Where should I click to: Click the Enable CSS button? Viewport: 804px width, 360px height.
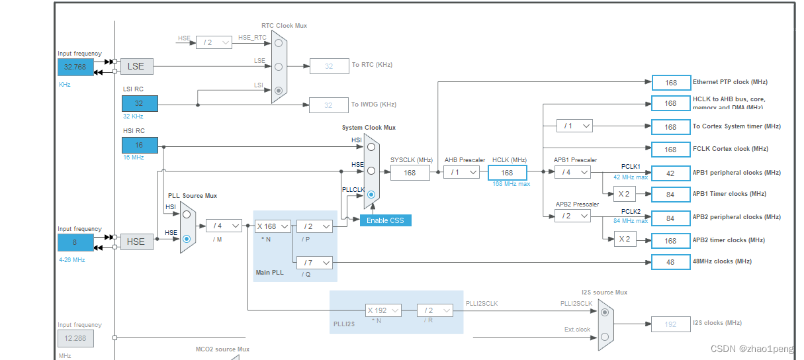pyautogui.click(x=385, y=220)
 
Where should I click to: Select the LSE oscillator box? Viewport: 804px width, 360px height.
pyautogui.click(x=136, y=66)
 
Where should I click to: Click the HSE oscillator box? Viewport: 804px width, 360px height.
pyautogui.click(x=136, y=242)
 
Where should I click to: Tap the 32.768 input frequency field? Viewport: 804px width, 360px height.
pyautogui.click(x=75, y=67)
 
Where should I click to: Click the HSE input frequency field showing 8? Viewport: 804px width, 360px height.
pyautogui.click(x=75, y=242)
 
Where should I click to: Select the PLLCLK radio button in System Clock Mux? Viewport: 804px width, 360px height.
pyautogui.click(x=371, y=195)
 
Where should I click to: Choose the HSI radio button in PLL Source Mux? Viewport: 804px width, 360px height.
pyautogui.click(x=187, y=214)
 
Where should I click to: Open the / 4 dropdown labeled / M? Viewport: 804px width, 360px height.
pyautogui.click(x=223, y=226)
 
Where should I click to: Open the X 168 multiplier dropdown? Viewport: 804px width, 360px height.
pyautogui.click(x=273, y=226)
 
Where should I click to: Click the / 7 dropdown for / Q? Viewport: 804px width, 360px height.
pyautogui.click(x=314, y=263)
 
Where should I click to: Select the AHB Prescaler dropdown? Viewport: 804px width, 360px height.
pyautogui.click(x=461, y=172)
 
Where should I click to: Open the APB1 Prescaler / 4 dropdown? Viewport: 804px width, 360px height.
pyautogui.click(x=572, y=172)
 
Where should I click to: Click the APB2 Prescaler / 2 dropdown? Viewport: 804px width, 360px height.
pyautogui.click(x=572, y=216)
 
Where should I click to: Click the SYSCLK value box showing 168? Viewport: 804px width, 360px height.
pyautogui.click(x=410, y=173)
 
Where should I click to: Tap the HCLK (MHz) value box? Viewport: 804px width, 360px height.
pyautogui.click(x=507, y=173)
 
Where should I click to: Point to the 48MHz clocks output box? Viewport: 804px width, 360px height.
pyautogui.click(x=670, y=262)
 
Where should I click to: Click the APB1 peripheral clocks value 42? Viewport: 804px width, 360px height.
pyautogui.click(x=670, y=173)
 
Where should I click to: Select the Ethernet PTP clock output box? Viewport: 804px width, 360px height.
pyautogui.click(x=670, y=83)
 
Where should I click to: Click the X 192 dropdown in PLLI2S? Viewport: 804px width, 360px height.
pyautogui.click(x=383, y=310)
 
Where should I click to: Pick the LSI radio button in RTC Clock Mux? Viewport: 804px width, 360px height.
pyautogui.click(x=279, y=90)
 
